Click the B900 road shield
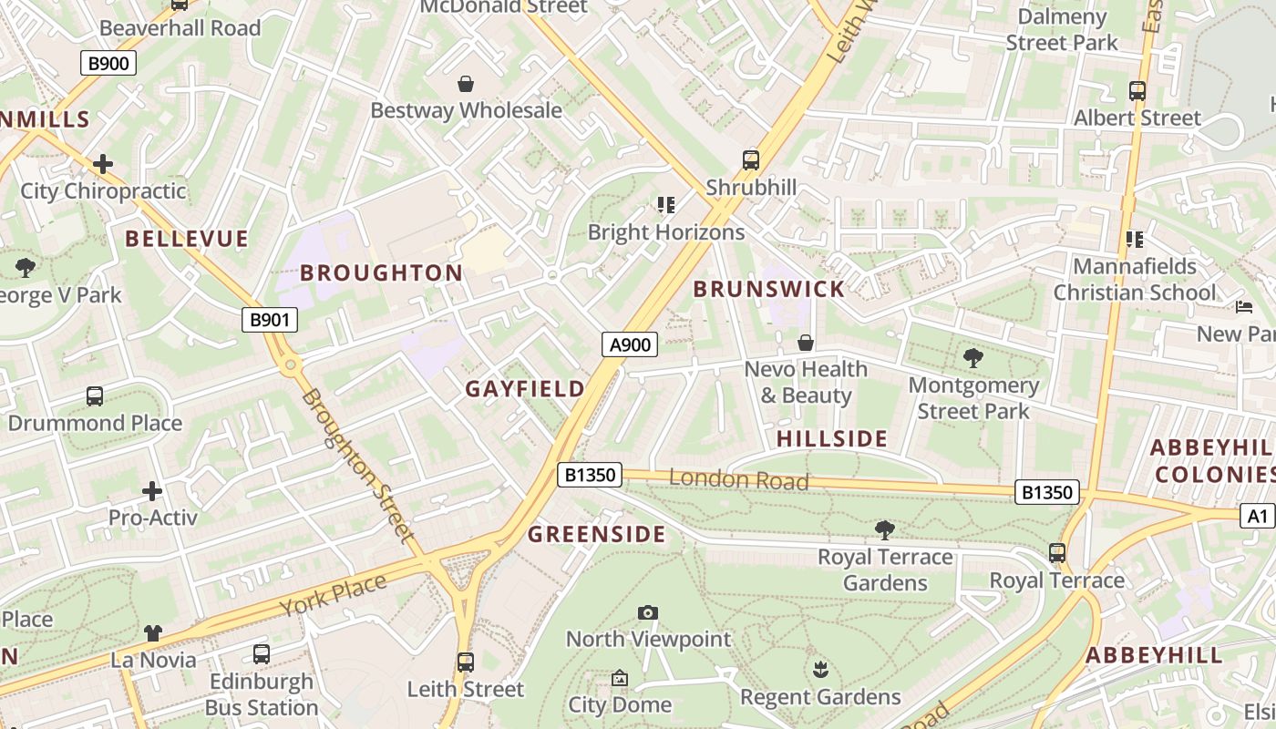point(108,63)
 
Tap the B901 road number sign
point(270,320)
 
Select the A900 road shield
point(630,344)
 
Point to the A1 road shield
point(1257,517)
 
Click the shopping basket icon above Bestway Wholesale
point(466,84)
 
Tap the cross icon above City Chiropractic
point(103,164)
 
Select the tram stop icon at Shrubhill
point(751,160)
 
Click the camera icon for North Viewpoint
point(648,612)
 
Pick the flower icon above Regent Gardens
point(820,670)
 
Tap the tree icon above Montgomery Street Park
point(972,358)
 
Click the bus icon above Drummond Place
point(95,396)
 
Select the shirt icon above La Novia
point(152,632)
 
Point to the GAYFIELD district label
point(525,389)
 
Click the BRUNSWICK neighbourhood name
point(769,290)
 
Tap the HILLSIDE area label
point(831,439)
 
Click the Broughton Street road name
point(358,465)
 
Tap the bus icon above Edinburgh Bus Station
point(262,654)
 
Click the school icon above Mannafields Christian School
point(1135,240)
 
